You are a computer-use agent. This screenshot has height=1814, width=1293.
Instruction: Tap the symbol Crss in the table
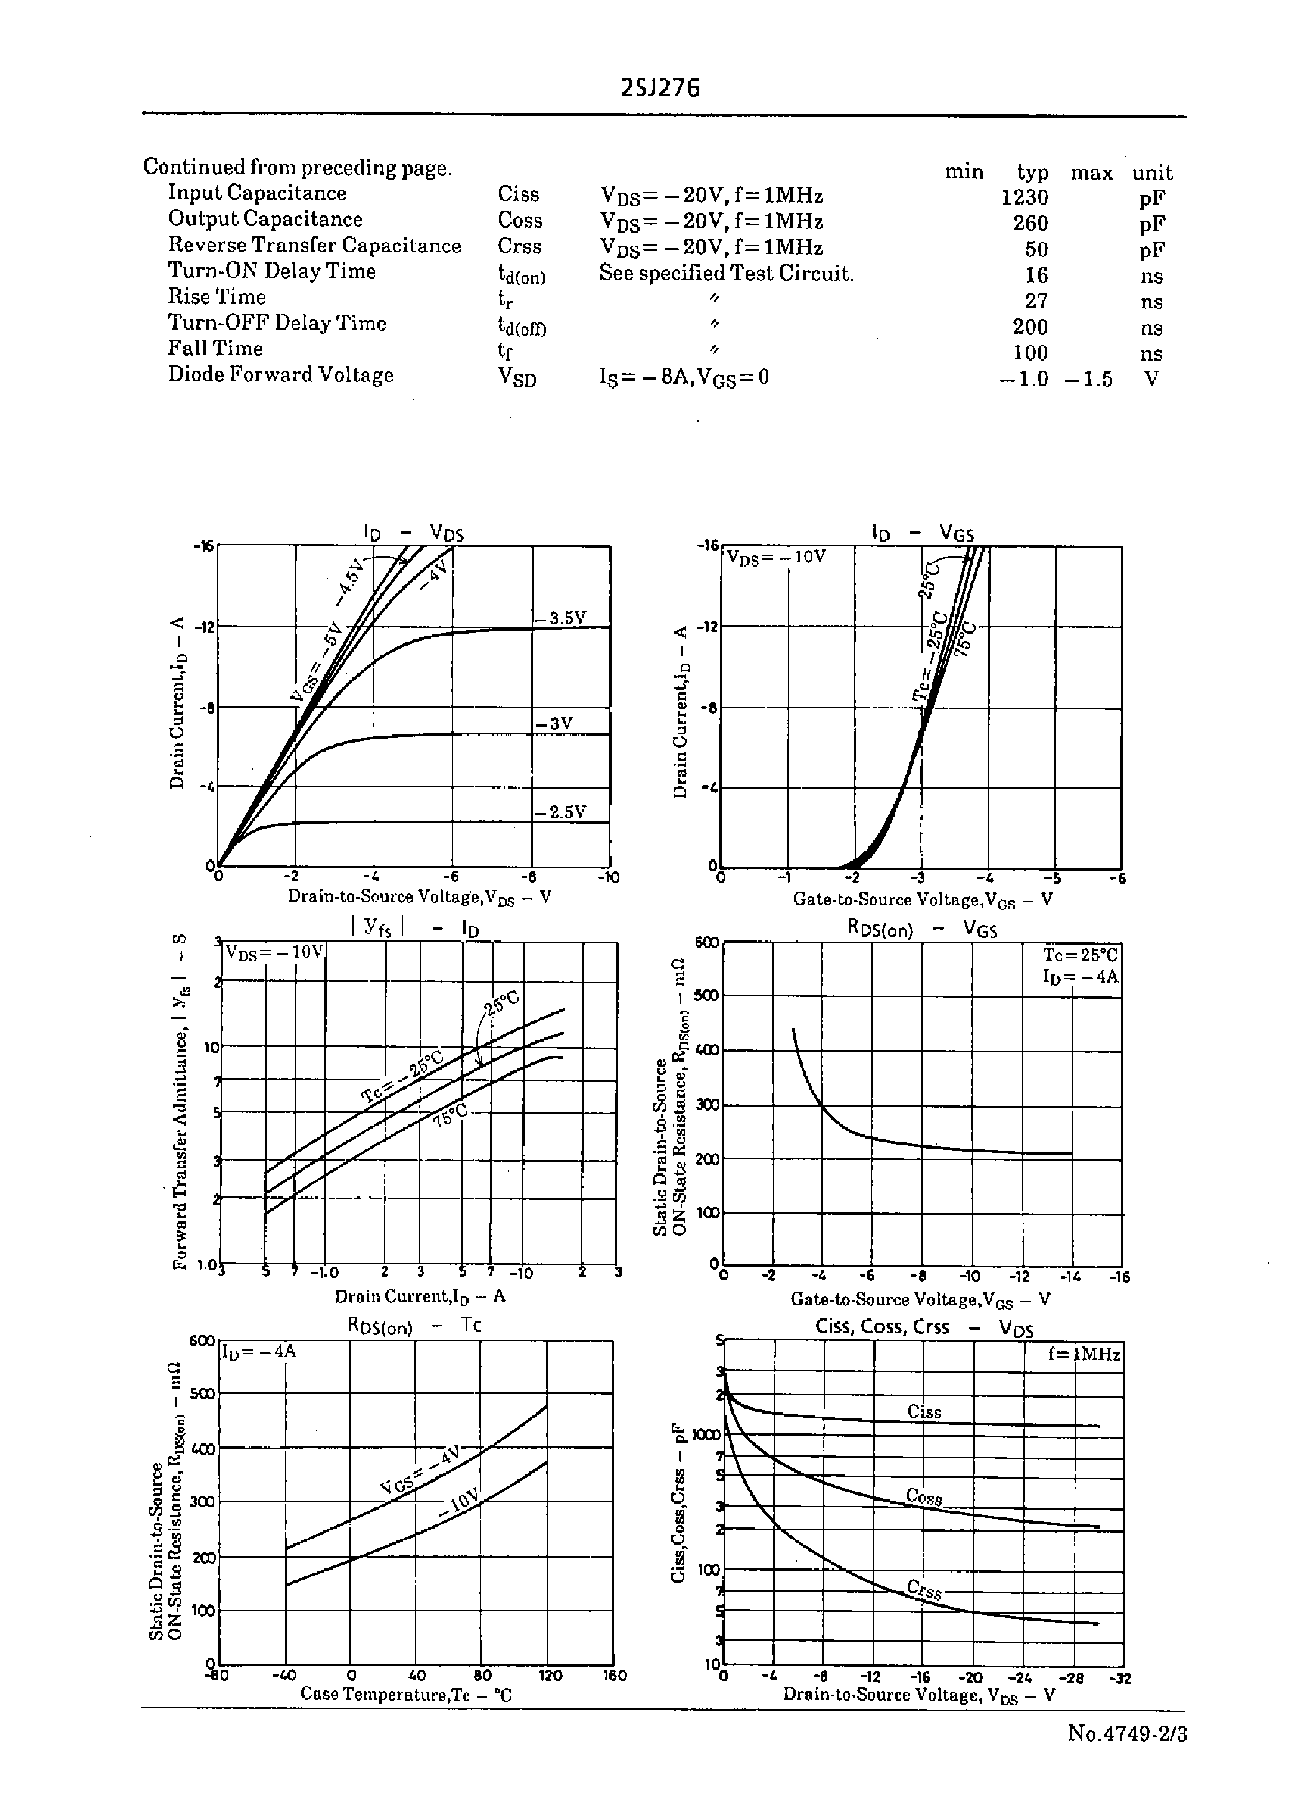coord(519,247)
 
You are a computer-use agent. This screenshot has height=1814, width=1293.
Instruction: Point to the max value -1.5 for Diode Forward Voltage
coord(1088,379)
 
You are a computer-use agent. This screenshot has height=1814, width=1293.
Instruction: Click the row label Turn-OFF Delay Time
coord(277,323)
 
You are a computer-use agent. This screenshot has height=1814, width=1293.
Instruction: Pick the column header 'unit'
coord(1152,173)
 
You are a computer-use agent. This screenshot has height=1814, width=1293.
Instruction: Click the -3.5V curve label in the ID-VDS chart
coord(561,618)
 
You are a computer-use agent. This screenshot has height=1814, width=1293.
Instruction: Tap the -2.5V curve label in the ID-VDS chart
coord(561,812)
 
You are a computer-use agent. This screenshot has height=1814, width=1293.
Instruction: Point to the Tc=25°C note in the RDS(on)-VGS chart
coord(1080,955)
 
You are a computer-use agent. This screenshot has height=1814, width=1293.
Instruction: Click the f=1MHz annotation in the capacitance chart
coord(1084,1354)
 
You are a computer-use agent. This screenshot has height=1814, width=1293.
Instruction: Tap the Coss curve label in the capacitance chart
coord(924,1498)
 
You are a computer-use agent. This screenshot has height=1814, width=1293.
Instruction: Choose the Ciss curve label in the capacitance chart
coord(924,1412)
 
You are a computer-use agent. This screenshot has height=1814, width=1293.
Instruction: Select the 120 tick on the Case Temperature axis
coord(550,1675)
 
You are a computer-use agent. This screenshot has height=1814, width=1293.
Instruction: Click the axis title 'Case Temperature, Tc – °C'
coord(405,1695)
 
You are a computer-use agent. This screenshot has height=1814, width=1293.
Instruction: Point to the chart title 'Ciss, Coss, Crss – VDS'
coord(924,1328)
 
